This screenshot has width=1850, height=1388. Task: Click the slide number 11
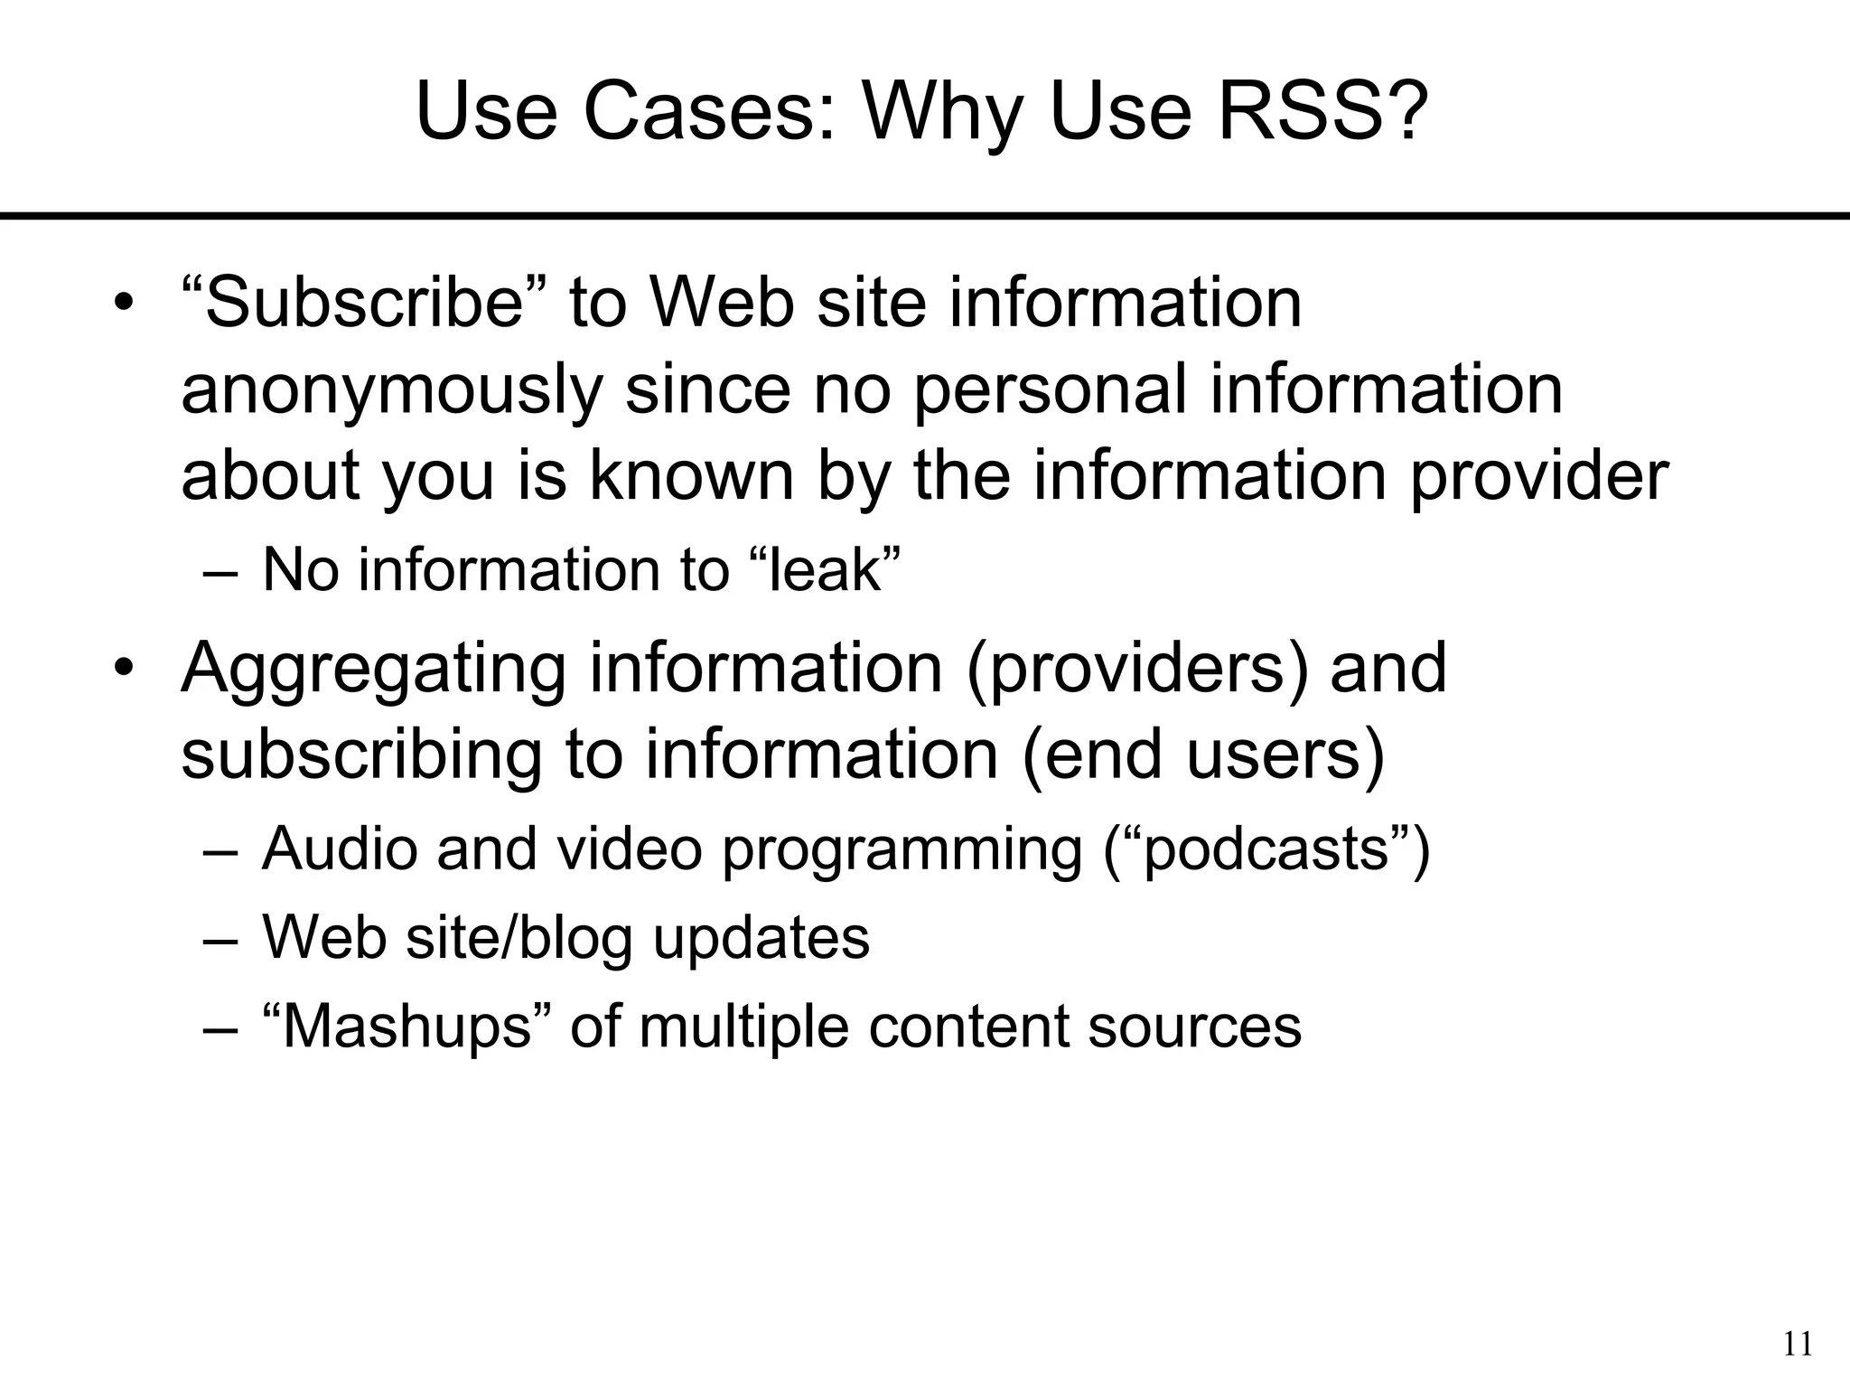click(1798, 1345)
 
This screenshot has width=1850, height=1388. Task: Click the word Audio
click(339, 849)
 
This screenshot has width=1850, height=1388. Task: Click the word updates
click(761, 937)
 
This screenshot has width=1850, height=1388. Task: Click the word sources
click(1194, 1027)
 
